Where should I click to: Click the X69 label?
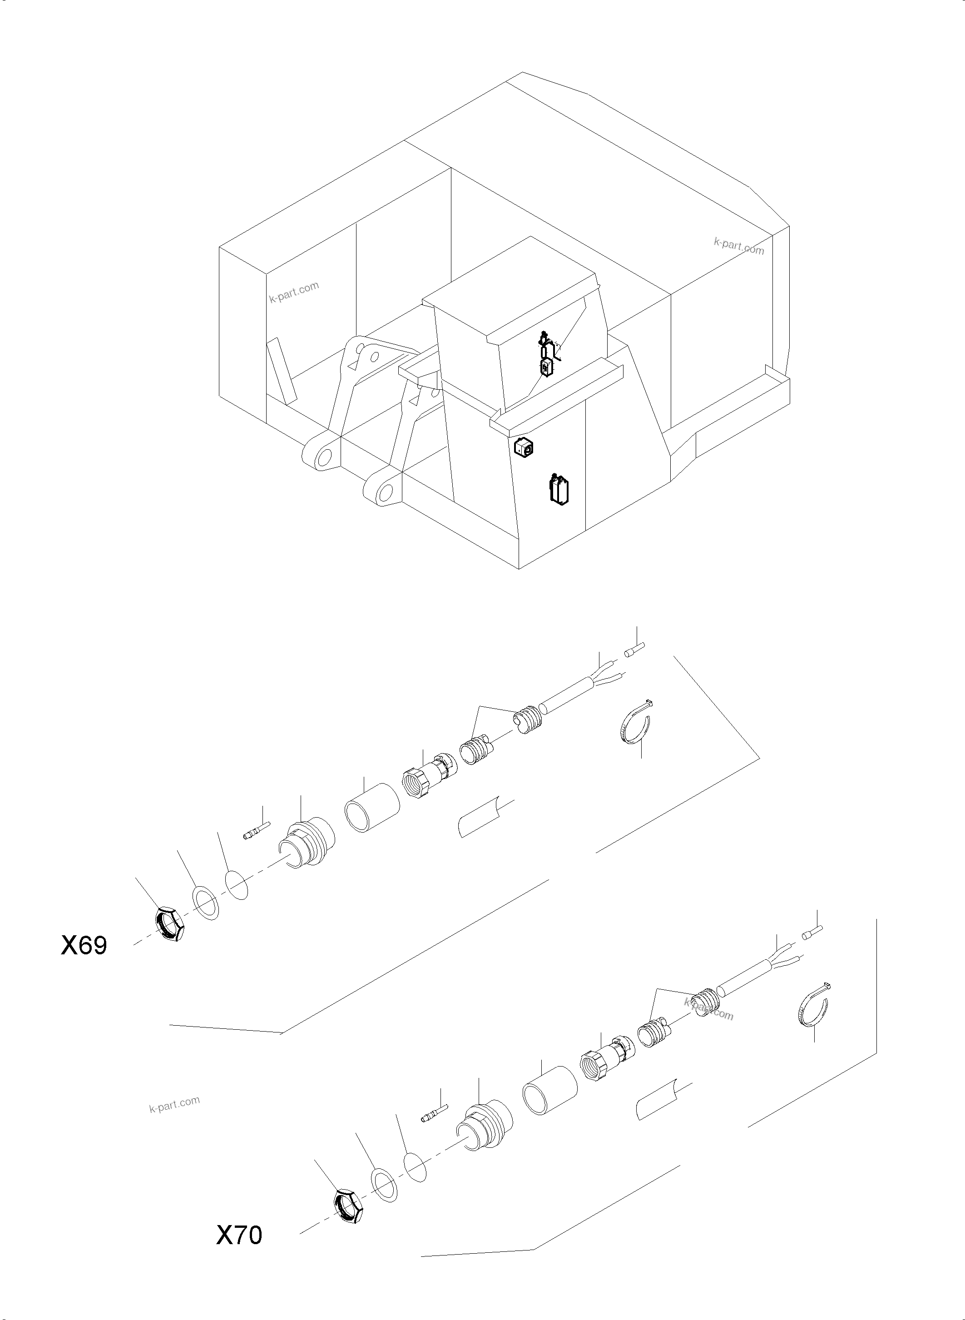[84, 945]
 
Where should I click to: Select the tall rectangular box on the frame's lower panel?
[559, 490]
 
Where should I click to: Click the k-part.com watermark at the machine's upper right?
[738, 247]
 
